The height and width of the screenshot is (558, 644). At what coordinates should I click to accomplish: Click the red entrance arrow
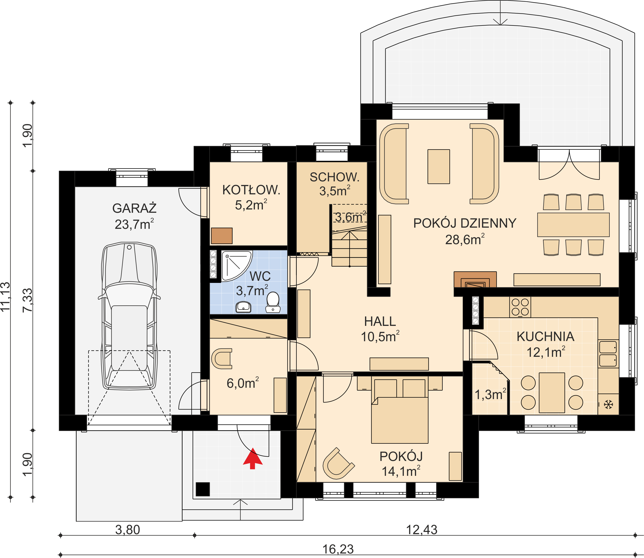point(253,459)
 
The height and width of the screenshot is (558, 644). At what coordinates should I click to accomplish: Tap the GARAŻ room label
point(134,208)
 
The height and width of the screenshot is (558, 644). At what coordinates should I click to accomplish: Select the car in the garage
point(129,316)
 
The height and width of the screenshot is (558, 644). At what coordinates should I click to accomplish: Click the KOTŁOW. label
point(251,190)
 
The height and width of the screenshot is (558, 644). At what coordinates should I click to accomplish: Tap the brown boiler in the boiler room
point(222,236)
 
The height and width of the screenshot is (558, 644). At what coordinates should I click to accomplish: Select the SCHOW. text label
point(335,177)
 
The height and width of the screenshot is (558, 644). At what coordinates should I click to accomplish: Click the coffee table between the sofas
point(439,166)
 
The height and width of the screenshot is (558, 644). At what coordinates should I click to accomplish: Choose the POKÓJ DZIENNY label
point(465,223)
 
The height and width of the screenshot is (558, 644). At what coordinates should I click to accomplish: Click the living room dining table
point(573,225)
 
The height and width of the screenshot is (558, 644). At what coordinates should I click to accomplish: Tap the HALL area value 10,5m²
point(380,337)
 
